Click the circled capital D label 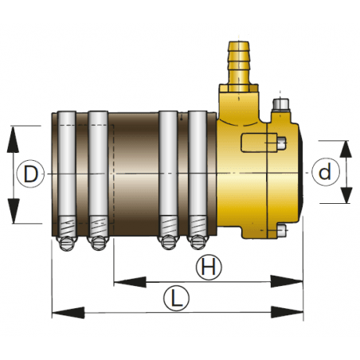coord(30,174)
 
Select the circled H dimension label coord(209,268)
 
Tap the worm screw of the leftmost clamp coord(67,240)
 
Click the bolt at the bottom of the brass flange coord(280,232)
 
